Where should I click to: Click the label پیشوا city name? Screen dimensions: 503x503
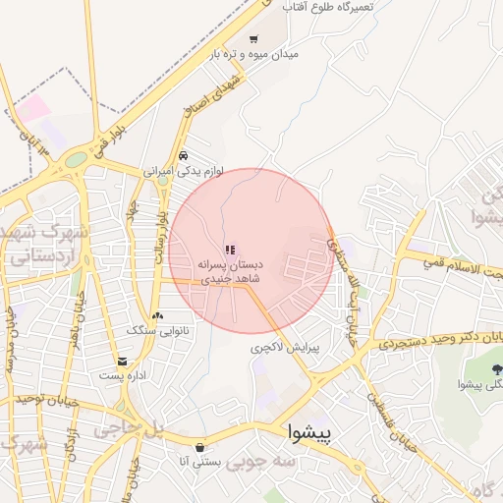click(310, 431)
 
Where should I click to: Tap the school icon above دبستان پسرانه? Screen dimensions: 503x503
click(230, 251)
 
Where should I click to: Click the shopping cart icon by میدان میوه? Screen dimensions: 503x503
click(253, 40)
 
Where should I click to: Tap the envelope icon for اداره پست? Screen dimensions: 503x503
click(122, 362)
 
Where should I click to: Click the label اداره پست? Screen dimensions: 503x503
click(122, 376)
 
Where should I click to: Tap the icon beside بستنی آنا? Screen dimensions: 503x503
click(199, 447)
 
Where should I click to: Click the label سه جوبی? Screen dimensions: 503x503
click(260, 463)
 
